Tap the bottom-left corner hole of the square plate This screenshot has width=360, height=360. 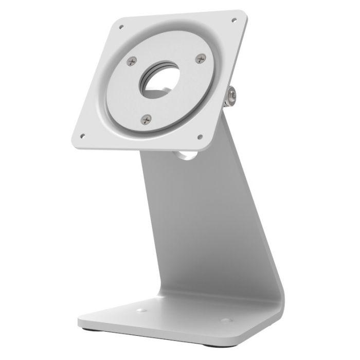coord(82,136)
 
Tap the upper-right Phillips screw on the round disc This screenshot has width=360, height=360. coord(199,60)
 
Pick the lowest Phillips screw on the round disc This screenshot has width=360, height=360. coord(146,119)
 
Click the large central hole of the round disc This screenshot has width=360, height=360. coord(161,82)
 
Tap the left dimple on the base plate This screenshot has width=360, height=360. coord(138,311)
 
